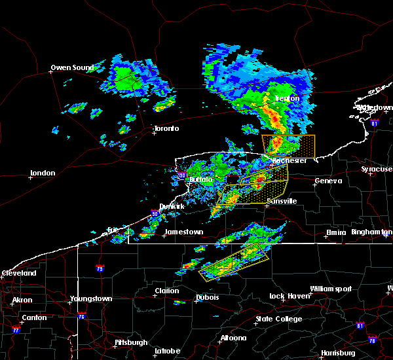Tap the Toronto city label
point(166,128)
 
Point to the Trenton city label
point(286,99)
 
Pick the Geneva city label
point(327,181)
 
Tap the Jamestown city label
point(183,232)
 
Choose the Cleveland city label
point(18,272)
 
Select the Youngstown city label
point(91,298)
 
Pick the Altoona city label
point(233,338)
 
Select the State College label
point(279,319)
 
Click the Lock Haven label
point(288,296)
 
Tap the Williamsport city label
point(331,289)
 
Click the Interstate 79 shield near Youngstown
point(100,268)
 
